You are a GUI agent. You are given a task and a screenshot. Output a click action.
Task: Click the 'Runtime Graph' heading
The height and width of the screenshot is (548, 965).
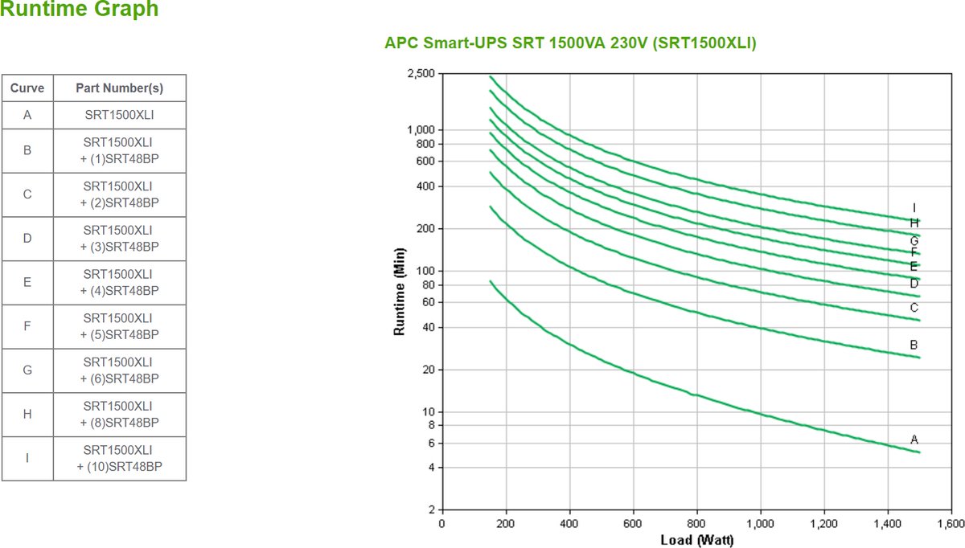pos(79,10)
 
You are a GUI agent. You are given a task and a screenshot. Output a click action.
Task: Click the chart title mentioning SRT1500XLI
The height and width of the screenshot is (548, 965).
pos(571,43)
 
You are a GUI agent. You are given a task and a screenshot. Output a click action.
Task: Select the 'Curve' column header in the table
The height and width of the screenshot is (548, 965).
pos(27,88)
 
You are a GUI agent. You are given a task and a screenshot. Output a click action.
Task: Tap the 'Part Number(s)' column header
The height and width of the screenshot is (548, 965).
pos(120,88)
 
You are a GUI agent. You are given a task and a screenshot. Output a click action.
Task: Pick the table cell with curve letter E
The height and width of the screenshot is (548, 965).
pos(27,283)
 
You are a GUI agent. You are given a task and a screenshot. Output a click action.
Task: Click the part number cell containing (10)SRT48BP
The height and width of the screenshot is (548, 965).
pos(120,459)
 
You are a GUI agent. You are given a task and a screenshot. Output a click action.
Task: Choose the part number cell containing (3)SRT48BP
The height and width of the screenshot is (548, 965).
pos(120,239)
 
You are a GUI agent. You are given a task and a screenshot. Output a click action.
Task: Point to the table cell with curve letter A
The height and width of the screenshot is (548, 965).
pos(27,115)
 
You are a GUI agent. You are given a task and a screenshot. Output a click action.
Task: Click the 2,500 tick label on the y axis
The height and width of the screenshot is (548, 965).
pos(421,74)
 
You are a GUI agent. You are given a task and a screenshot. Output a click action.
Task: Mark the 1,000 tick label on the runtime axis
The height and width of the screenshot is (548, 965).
pos(421,130)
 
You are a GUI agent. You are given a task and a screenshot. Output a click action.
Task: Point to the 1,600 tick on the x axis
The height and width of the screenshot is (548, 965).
pos(951,523)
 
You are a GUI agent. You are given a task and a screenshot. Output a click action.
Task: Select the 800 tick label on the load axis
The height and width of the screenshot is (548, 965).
pos(696,523)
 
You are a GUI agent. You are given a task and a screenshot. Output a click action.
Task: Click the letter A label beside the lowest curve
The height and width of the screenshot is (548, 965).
pos(914,440)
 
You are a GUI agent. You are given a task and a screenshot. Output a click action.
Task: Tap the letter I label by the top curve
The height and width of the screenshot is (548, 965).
pos(914,207)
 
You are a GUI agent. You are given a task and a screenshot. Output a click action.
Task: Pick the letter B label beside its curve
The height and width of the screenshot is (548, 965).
pos(914,345)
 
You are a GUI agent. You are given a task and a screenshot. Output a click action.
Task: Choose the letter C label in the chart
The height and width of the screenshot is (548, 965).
pos(914,307)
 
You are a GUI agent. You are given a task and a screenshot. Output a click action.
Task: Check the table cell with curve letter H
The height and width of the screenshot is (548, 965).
pos(27,415)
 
